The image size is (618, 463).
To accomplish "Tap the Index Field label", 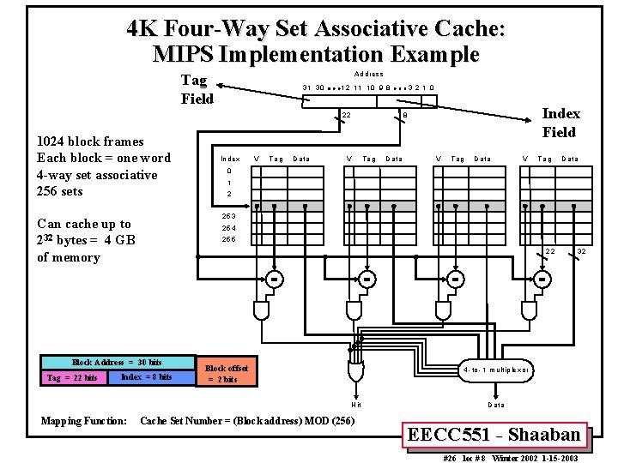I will pos(560,123).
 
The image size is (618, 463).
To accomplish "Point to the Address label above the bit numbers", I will pos(368,75).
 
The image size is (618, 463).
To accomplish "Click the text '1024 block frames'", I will pos(90,141).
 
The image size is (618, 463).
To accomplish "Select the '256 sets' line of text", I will pos(60,191).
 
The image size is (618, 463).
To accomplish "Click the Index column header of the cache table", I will pos(230,159).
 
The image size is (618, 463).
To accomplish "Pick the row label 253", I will pos(229,216).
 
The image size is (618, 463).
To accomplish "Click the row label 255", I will pos(229,239).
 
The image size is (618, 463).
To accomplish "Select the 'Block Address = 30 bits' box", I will pos(117,363).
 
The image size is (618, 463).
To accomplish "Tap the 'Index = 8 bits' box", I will pos(147,377).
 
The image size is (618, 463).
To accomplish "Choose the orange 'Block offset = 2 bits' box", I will pos(227,374).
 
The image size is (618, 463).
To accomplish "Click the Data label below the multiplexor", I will pos(496,405).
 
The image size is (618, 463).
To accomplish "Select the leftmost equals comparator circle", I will pos(274,279).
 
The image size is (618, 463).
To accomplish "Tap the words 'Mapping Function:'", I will pos(84,421).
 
